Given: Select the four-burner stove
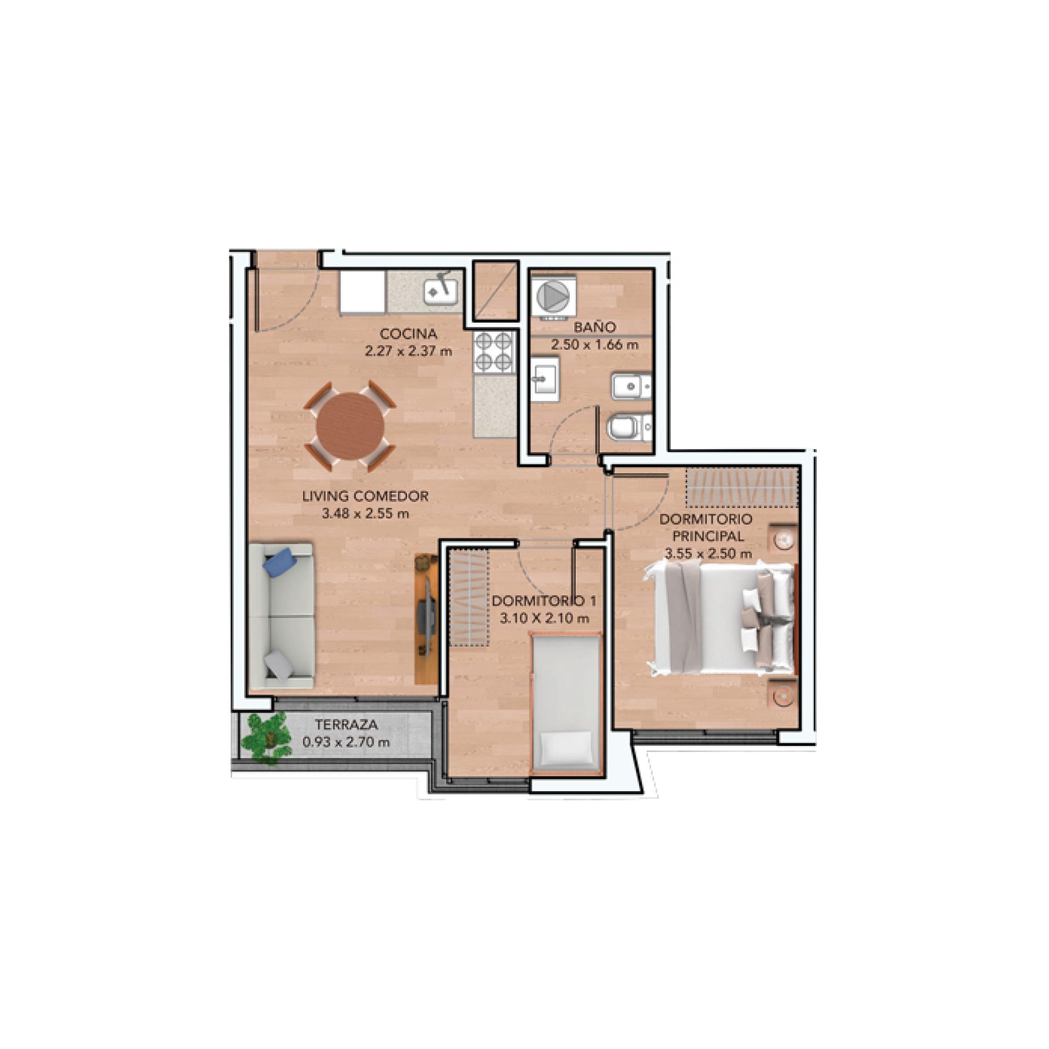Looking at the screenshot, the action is (494, 352).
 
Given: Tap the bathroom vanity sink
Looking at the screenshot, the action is (545, 379).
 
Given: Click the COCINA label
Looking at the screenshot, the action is (408, 333).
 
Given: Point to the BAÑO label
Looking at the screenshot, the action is (594, 327).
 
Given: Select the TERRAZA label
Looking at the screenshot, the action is (346, 725).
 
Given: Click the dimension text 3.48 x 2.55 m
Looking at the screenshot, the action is (365, 513).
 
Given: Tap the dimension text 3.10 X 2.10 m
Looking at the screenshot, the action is (544, 618).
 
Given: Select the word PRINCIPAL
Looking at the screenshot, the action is (708, 536).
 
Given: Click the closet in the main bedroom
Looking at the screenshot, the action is (742, 486).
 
